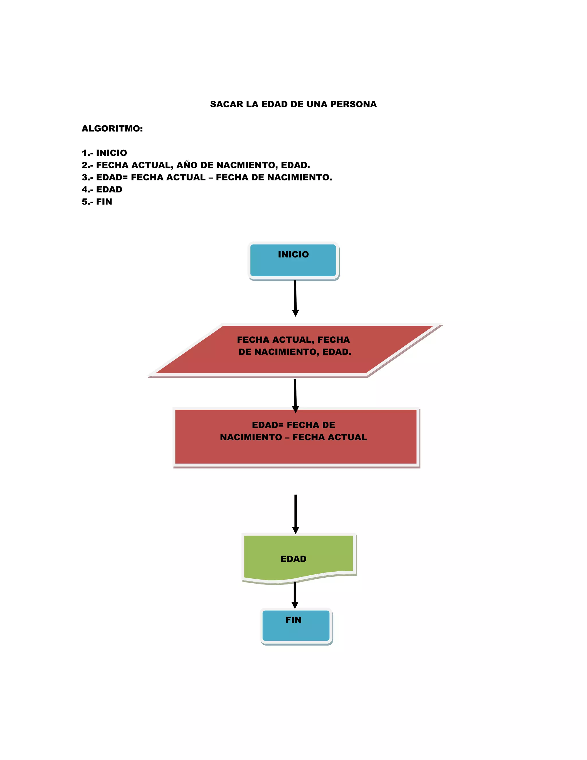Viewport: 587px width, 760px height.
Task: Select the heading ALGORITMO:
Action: (112, 129)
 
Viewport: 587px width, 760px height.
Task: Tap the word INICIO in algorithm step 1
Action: (111, 153)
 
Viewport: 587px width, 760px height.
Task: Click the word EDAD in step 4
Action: (109, 190)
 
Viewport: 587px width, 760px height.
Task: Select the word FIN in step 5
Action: (104, 202)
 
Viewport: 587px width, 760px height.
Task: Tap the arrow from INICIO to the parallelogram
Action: (295, 297)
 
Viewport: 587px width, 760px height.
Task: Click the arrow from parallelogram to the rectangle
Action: (295, 395)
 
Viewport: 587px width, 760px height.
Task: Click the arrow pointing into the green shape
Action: (296, 513)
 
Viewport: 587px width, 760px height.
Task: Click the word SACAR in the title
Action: (226, 104)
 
